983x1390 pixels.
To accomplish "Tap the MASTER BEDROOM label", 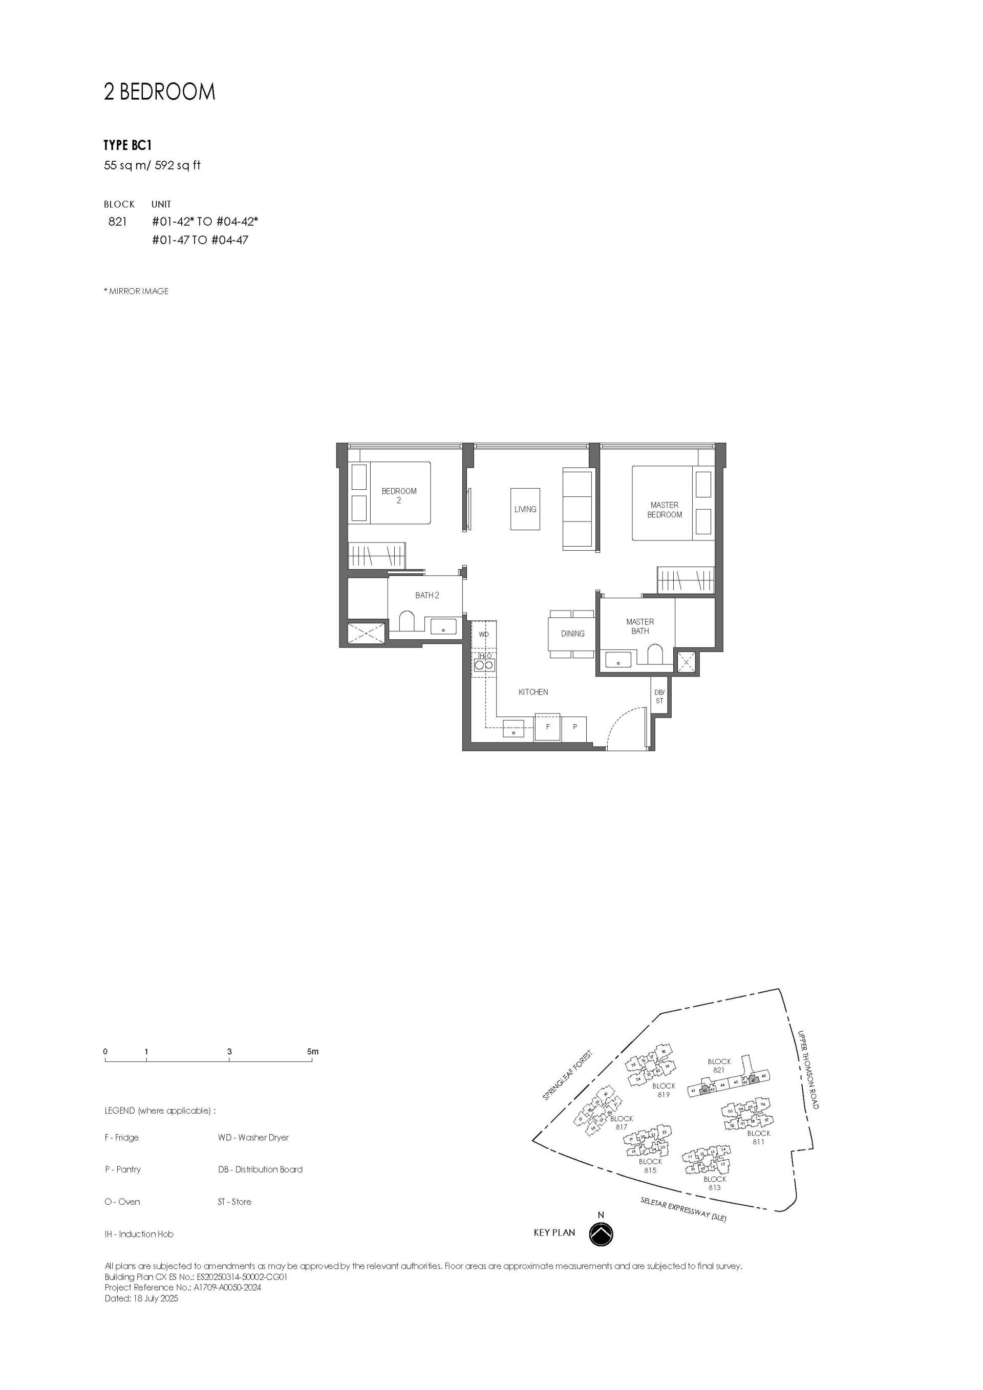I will click(x=665, y=510).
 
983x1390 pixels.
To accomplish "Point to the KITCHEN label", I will click(x=533, y=692).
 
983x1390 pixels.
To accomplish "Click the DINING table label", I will click(x=572, y=633).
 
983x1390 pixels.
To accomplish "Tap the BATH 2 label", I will click(x=427, y=595).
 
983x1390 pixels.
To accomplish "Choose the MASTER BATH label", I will click(x=639, y=626).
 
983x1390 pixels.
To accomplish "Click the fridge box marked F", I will click(x=547, y=727).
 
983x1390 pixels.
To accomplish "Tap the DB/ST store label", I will click(x=659, y=696).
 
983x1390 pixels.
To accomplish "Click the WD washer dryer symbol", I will click(x=484, y=635).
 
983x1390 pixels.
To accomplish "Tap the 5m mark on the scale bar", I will click(x=312, y=1052).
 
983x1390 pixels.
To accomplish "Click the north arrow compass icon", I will click(x=601, y=1233).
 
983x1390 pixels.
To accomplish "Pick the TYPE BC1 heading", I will click(x=127, y=145).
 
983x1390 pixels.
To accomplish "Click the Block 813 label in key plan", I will click(x=715, y=1183).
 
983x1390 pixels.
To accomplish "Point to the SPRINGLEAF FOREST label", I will click(x=567, y=1075).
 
